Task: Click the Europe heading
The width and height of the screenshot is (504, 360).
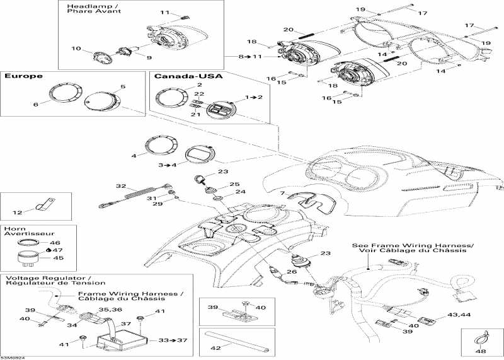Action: point(24,76)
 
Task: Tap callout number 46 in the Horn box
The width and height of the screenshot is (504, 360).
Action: point(55,242)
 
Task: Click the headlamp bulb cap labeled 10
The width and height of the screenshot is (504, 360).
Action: point(100,57)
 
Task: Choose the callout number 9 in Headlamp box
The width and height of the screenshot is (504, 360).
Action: point(132,58)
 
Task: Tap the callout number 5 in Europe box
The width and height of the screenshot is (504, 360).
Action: point(123,86)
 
